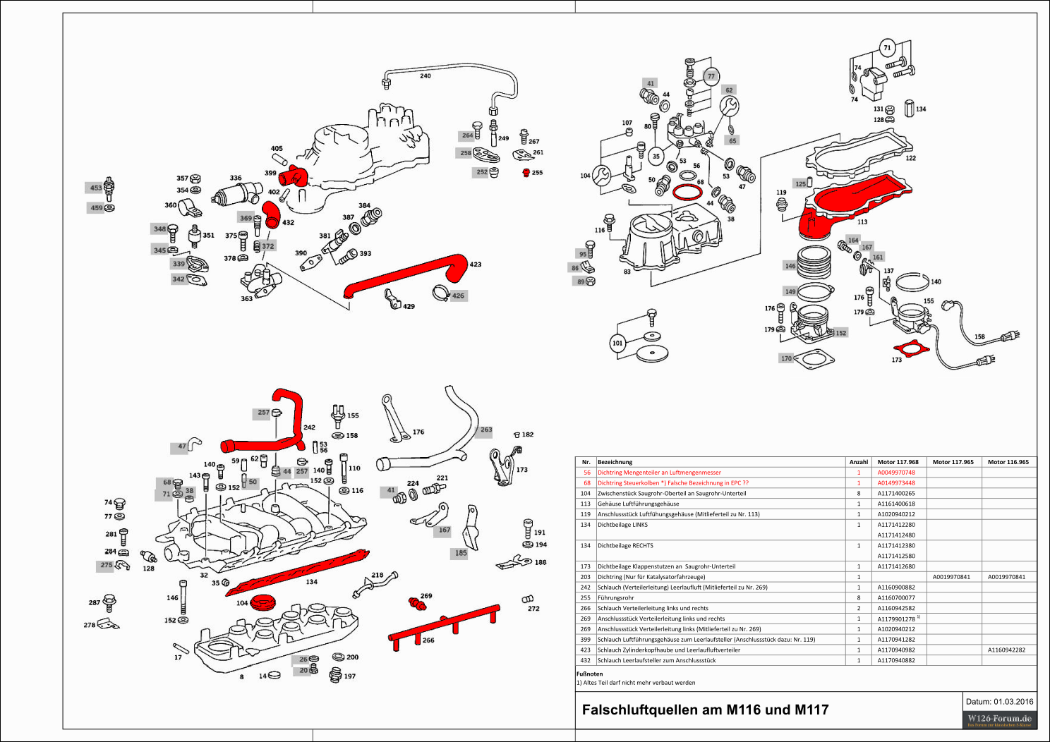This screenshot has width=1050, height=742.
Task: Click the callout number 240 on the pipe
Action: coord(425,75)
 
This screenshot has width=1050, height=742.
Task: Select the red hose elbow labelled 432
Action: coord(271,214)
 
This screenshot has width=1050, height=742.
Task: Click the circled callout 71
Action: coord(887,48)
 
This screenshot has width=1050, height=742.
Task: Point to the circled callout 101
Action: coord(617,343)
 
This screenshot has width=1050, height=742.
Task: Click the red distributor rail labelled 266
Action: coord(445,624)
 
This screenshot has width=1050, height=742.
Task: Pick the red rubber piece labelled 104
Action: coord(262,602)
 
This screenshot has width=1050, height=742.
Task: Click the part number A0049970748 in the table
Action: coord(895,473)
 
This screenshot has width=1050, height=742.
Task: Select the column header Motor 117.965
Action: coord(953,462)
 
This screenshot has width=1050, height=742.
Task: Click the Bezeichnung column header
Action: coord(615,462)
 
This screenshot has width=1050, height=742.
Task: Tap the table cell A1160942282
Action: coord(1006,650)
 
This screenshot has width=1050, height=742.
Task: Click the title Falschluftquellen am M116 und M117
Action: coord(705,710)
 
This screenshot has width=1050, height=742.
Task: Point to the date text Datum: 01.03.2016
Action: coord(999,701)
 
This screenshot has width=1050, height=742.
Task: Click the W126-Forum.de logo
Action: coord(999,719)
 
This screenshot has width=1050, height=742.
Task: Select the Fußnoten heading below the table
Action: coord(589,674)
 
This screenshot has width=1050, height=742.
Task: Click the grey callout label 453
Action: coord(96,188)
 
